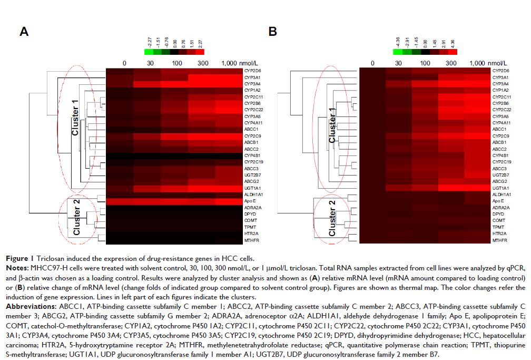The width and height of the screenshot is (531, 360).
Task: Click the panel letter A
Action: [24, 32]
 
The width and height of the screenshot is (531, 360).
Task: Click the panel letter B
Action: [273, 32]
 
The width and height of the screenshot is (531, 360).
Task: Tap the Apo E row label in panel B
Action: [498, 201]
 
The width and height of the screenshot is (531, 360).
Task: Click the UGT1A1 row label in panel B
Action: [500, 188]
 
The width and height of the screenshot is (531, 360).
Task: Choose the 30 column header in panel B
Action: [399, 63]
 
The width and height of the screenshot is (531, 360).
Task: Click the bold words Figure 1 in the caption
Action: [19, 258]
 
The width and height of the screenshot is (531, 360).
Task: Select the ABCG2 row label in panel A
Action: [251, 181]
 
